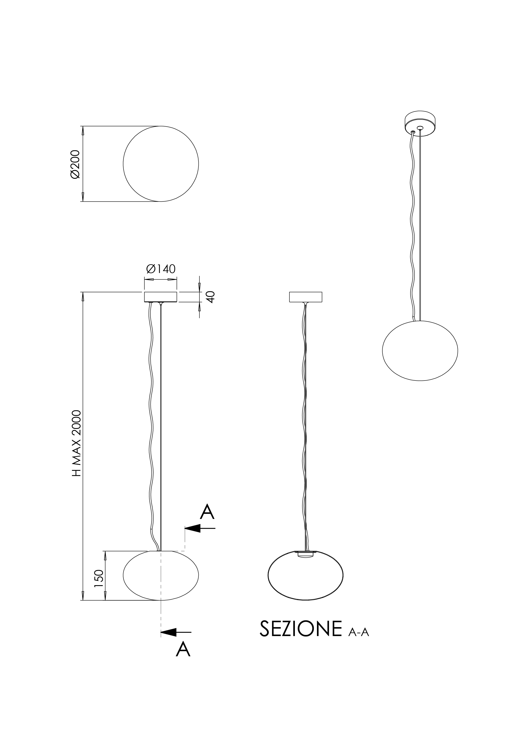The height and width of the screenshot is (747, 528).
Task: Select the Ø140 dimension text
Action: [x=161, y=269]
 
